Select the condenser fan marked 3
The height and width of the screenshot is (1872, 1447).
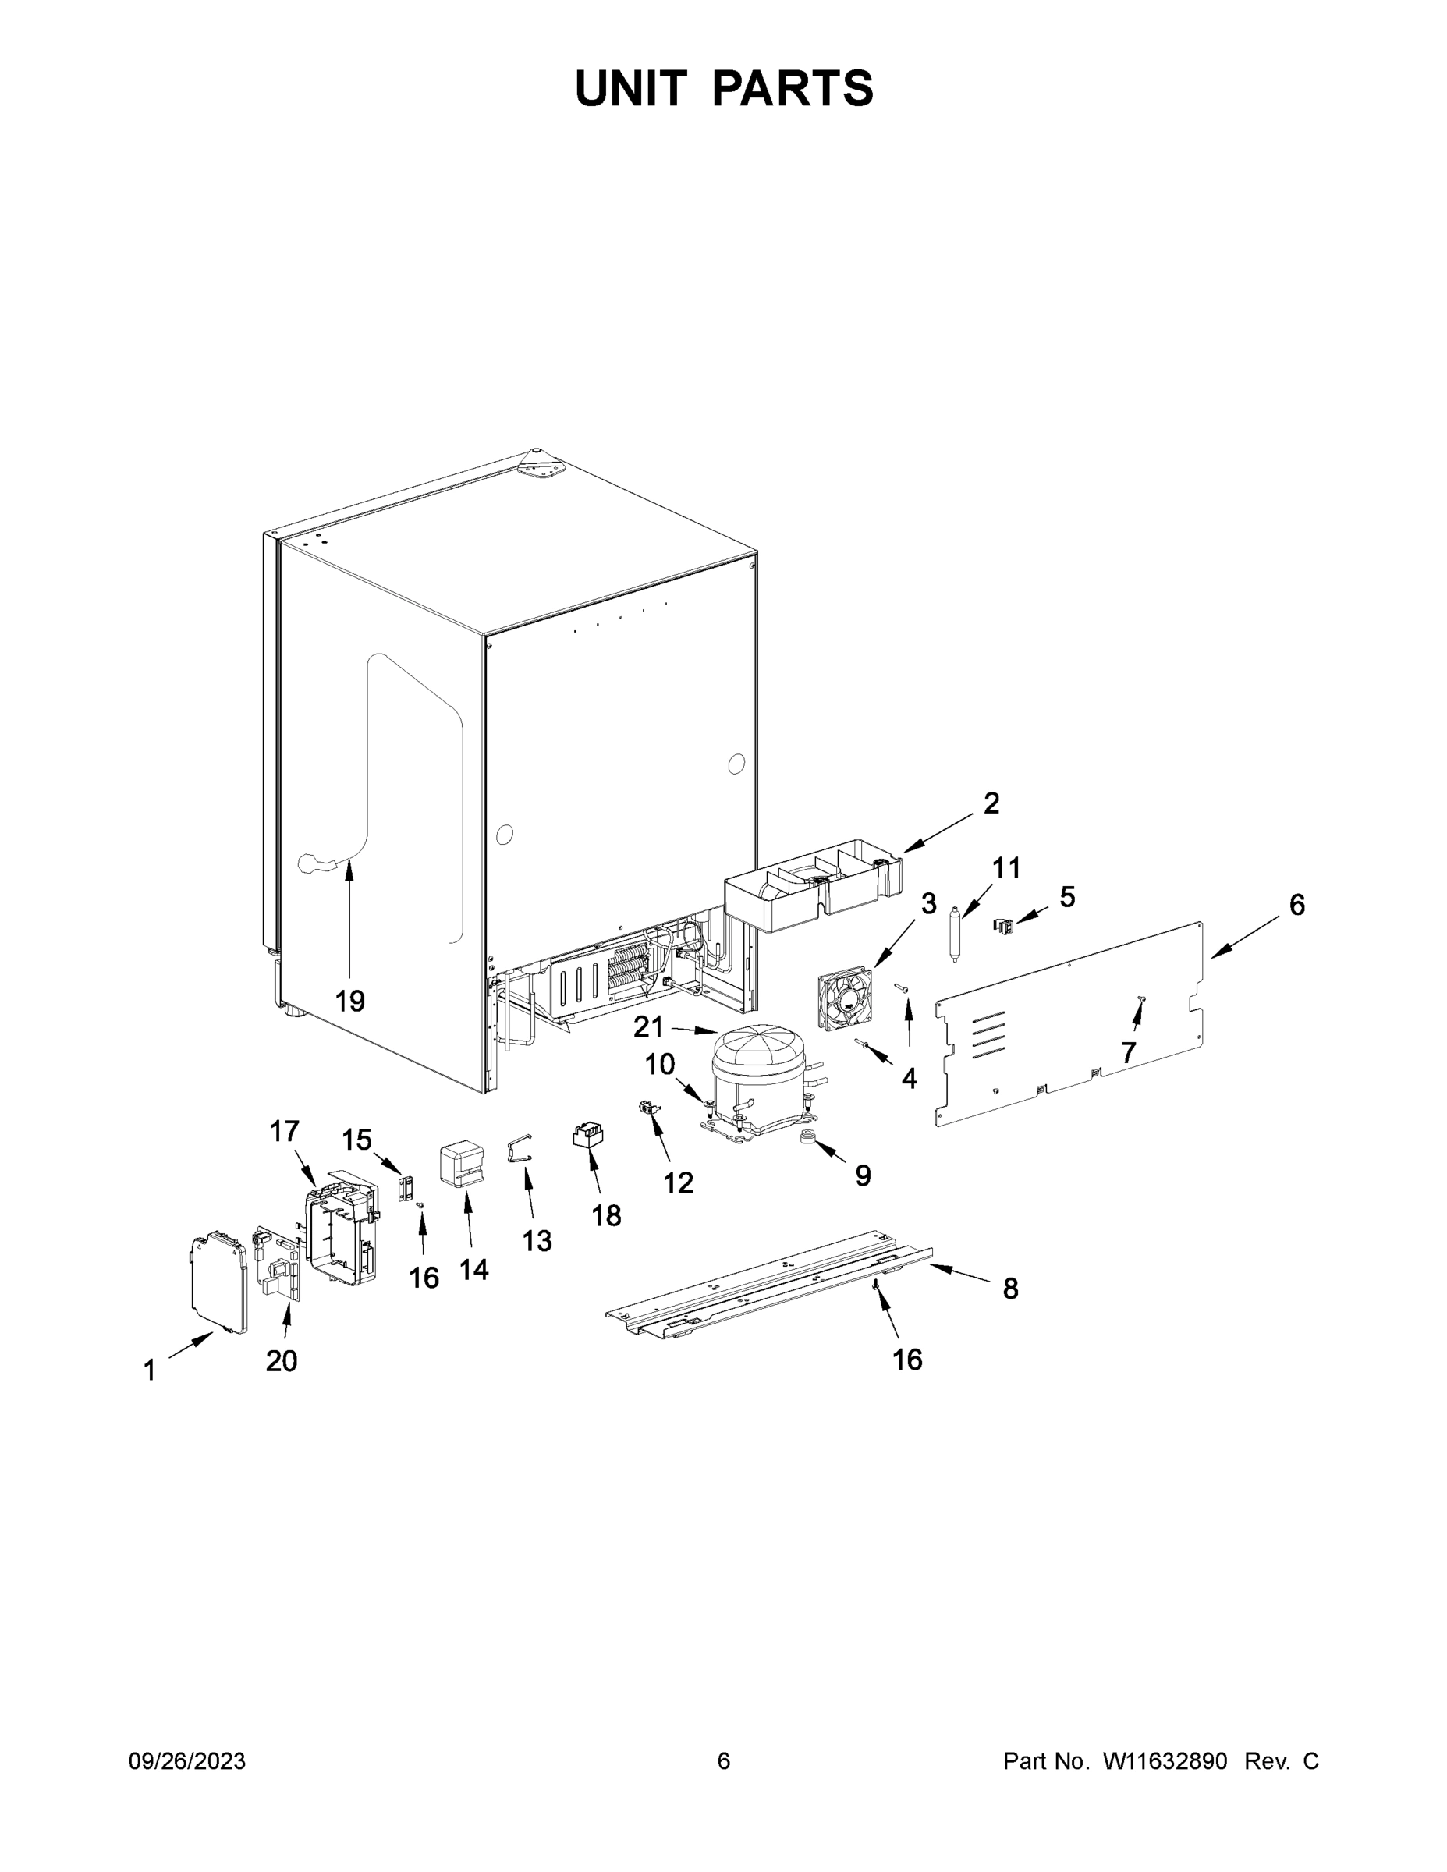[x=844, y=999]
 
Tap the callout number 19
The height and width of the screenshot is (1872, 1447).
[x=349, y=1000]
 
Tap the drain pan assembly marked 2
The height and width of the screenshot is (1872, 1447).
[x=810, y=888]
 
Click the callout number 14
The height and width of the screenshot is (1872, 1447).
[x=474, y=1269]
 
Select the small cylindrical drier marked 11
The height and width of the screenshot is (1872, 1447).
[x=955, y=937]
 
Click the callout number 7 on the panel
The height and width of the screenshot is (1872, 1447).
[x=1128, y=1051]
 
